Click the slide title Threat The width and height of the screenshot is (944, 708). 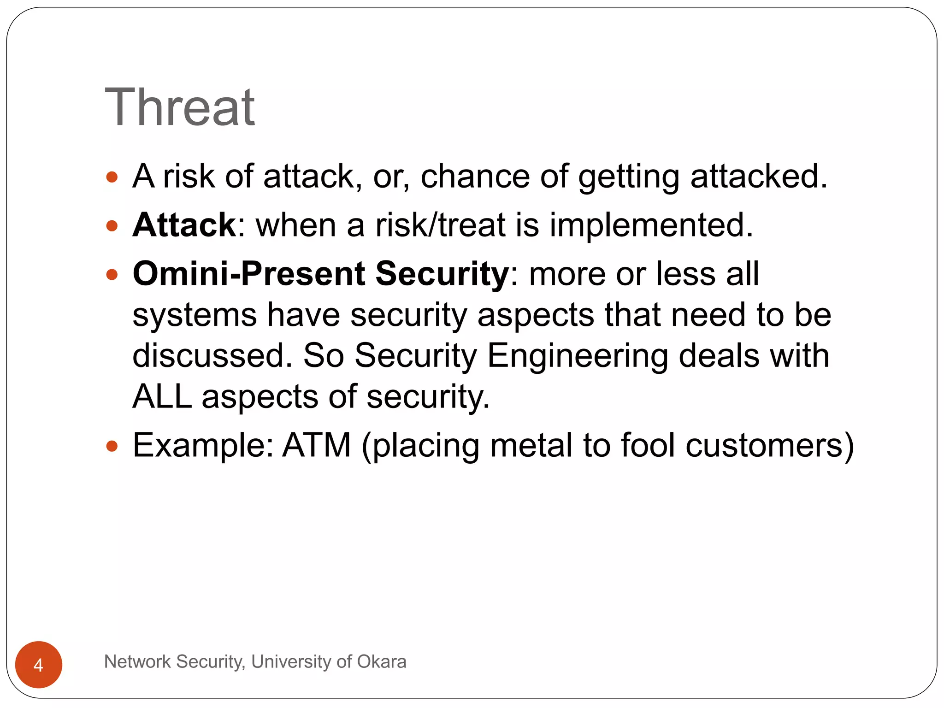click(x=180, y=107)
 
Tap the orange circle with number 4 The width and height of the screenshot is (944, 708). click(x=39, y=664)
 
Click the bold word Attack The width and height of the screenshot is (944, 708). click(x=184, y=225)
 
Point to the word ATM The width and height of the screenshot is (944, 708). click(x=317, y=445)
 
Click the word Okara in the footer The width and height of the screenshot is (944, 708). click(x=381, y=661)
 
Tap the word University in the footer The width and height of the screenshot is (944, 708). click(x=291, y=661)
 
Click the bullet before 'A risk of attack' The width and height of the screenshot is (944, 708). click(x=112, y=177)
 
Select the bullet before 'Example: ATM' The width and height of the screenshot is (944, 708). click(x=112, y=446)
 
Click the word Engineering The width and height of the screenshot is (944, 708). click(x=578, y=356)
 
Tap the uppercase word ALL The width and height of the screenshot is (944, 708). click(x=162, y=396)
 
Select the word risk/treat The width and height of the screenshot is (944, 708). click(x=440, y=225)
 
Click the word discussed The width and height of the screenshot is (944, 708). click(x=212, y=356)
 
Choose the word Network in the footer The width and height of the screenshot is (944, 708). click(x=137, y=661)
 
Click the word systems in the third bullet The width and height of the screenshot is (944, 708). click(x=194, y=315)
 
